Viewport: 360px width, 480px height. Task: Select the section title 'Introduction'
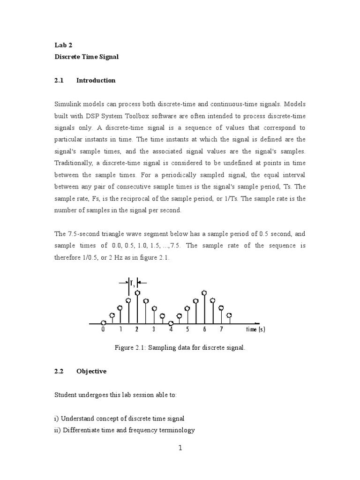[96, 80]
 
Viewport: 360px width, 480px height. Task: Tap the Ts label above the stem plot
[133, 283]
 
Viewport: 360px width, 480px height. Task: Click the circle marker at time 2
[137, 293]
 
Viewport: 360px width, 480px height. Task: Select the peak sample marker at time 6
[204, 293]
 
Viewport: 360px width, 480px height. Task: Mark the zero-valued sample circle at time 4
[171, 323]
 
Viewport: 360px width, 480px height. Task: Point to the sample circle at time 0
[104, 322]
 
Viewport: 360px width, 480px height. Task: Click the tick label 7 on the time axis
[221, 330]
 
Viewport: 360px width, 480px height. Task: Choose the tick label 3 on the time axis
[154, 330]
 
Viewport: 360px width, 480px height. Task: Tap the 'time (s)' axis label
[255, 330]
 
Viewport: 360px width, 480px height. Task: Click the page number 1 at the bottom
[180, 448]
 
